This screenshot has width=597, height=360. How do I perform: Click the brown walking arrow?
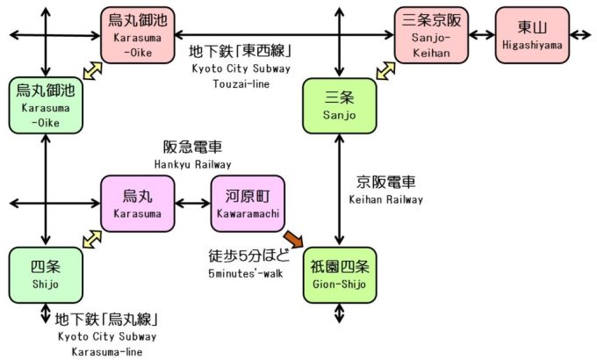(291, 236)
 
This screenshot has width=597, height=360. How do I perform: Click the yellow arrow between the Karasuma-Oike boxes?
(91, 70)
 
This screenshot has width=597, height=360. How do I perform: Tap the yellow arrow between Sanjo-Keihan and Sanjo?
(385, 70)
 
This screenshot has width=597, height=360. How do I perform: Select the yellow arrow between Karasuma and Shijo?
(91, 238)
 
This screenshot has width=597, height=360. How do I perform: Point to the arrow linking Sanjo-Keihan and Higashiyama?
(481, 35)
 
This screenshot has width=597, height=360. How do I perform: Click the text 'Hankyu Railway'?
(192, 164)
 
